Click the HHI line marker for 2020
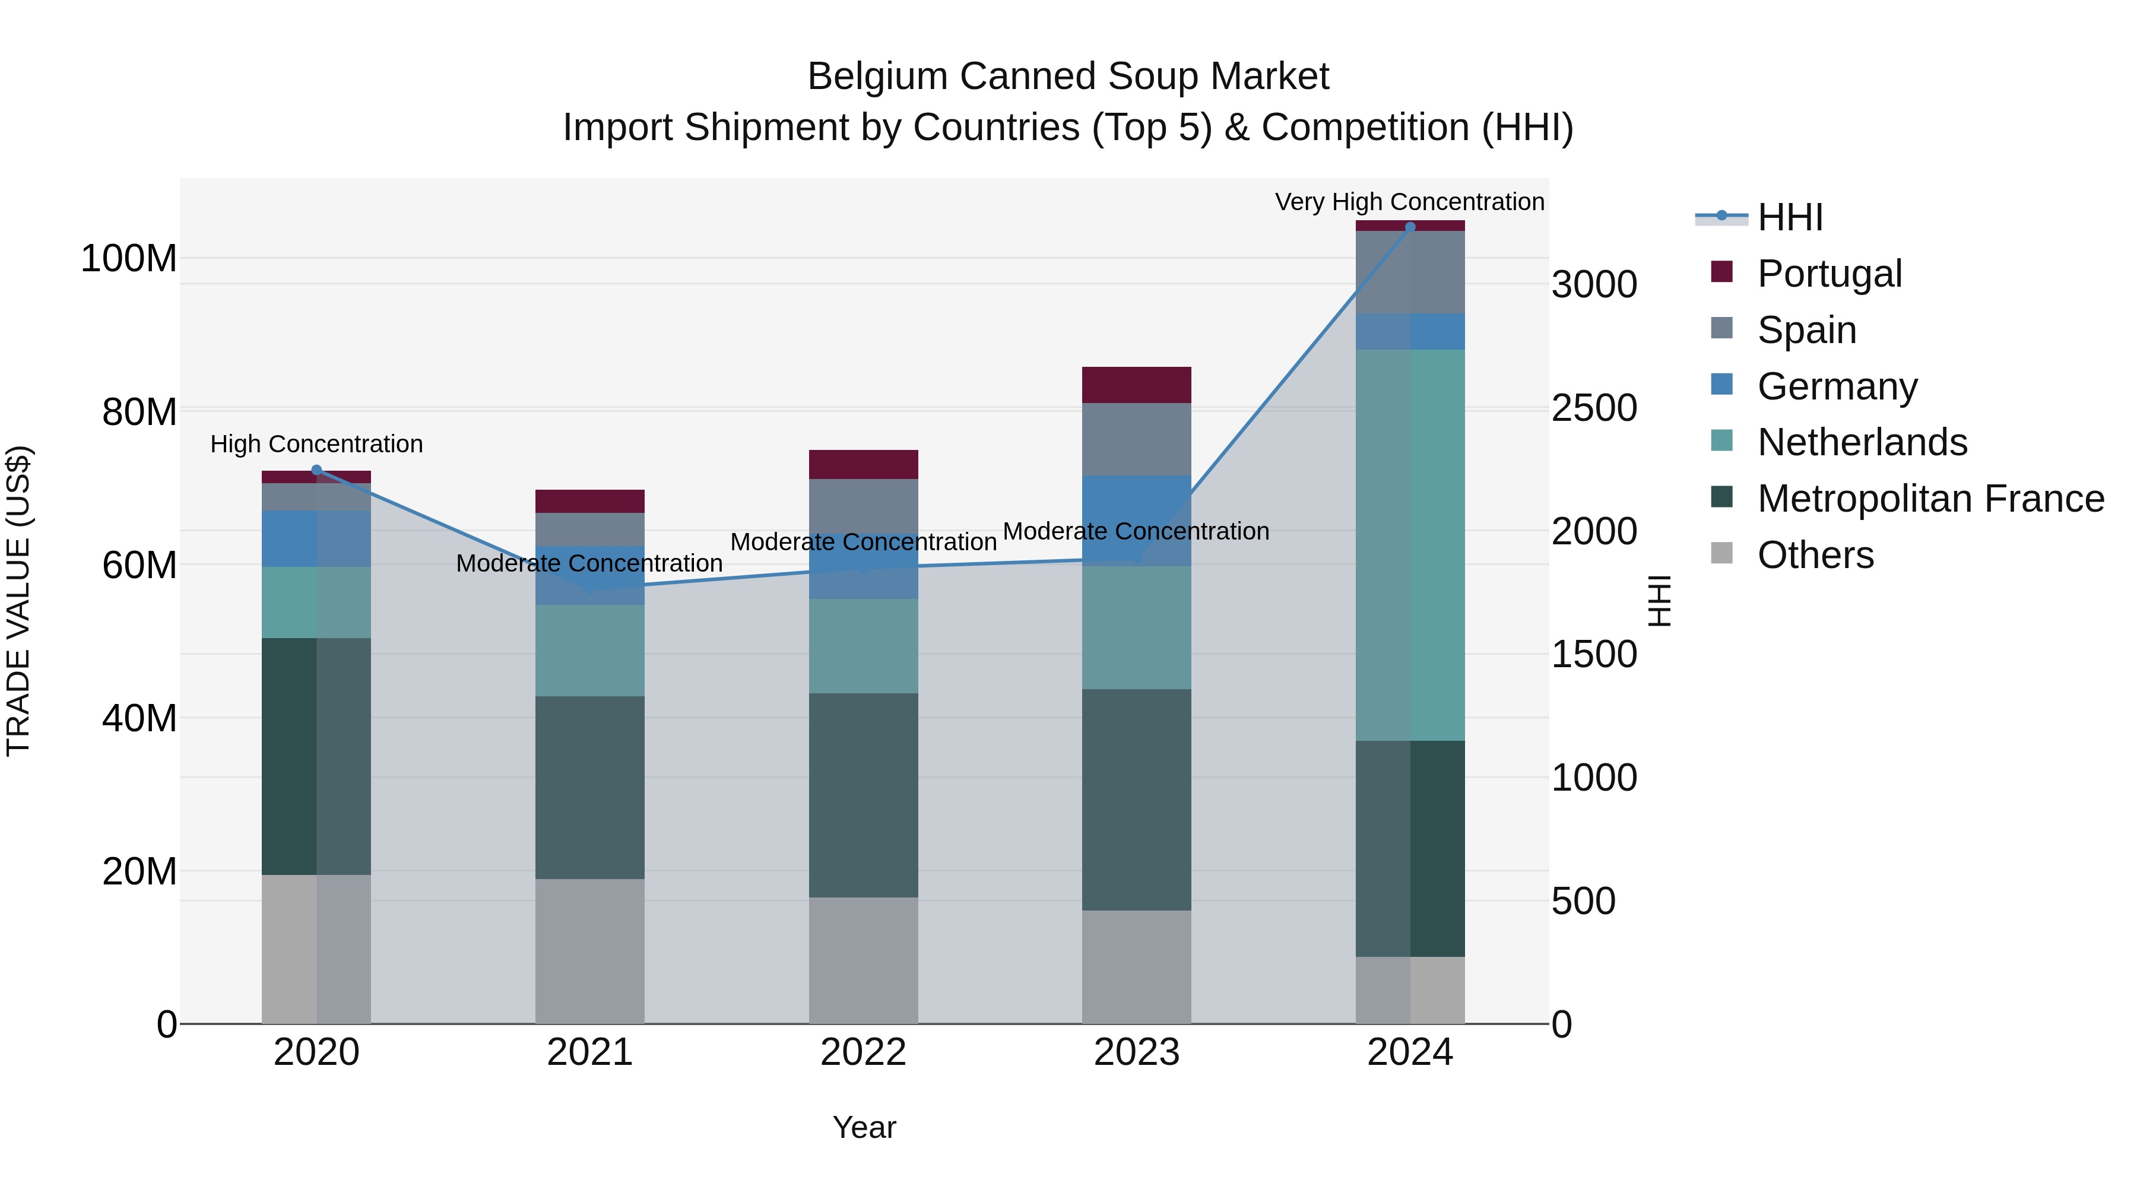[316, 470]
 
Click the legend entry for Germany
[1837, 386]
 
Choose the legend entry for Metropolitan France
[1930, 499]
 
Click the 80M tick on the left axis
[139, 413]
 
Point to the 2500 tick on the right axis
[1594, 408]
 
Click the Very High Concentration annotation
[1409, 202]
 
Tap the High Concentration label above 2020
[316, 444]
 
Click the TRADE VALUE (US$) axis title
[18, 601]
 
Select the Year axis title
[864, 1127]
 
